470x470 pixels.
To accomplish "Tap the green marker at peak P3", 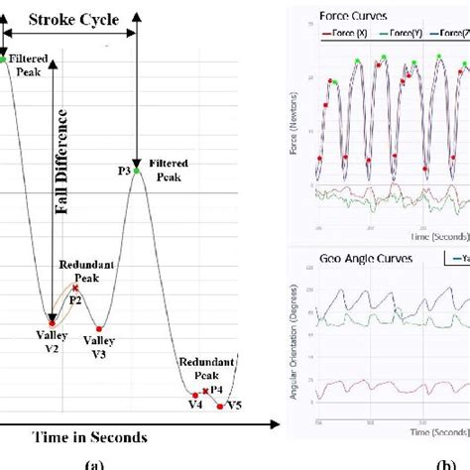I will pyautogui.click(x=138, y=172).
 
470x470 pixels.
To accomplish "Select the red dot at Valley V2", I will pyautogui.click(x=52, y=321).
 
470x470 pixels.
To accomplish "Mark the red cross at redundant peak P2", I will pyautogui.click(x=75, y=288).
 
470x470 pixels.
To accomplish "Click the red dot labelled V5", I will pyautogui.click(x=220, y=405).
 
